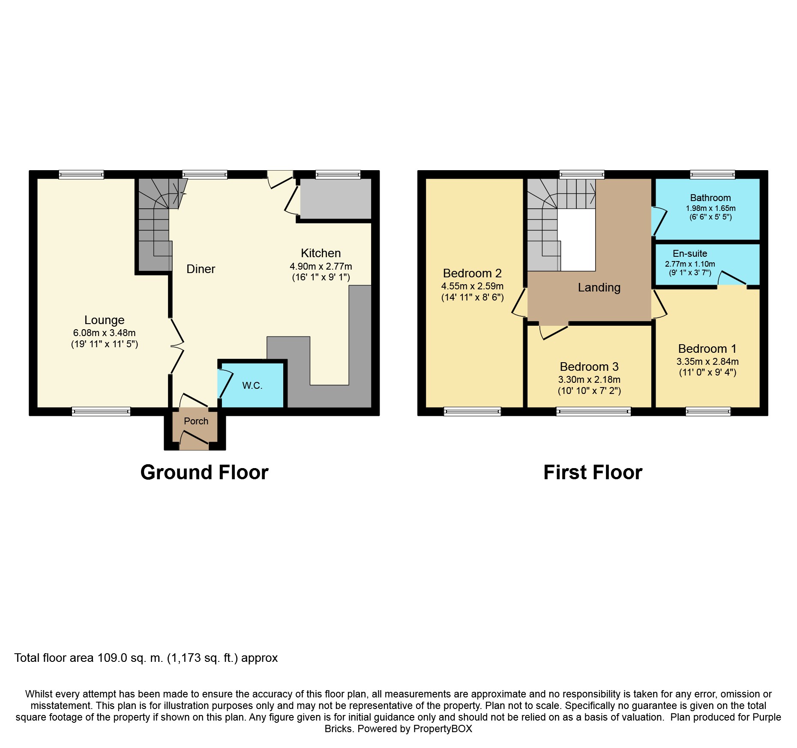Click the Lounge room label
(x=104, y=320)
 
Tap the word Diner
(x=201, y=269)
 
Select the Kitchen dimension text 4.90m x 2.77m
(x=321, y=266)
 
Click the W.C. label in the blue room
(x=252, y=385)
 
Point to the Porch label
(x=196, y=421)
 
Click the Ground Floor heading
(x=204, y=472)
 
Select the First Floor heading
(x=593, y=472)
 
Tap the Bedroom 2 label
(x=472, y=273)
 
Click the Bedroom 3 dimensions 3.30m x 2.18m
(x=589, y=379)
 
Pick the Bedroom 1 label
(x=707, y=348)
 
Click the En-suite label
(x=689, y=253)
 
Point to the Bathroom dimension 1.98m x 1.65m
(x=710, y=208)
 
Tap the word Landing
(x=599, y=287)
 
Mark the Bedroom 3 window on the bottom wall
(x=593, y=412)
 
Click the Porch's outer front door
(x=195, y=442)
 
